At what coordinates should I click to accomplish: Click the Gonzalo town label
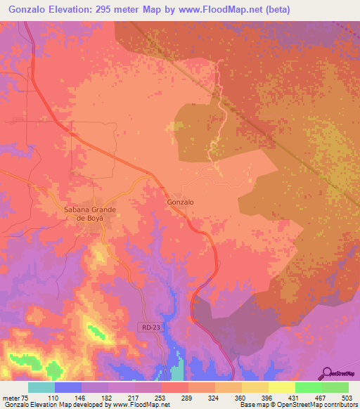pyautogui.click(x=180, y=202)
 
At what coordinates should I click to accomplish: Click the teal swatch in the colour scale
pyautogui.click(x=41, y=387)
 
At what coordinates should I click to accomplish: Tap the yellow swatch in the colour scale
pyautogui.click(x=282, y=387)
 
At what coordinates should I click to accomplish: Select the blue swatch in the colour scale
pyautogui.click(x=68, y=387)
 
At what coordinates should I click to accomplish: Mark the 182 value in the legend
pyautogui.click(x=105, y=398)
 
